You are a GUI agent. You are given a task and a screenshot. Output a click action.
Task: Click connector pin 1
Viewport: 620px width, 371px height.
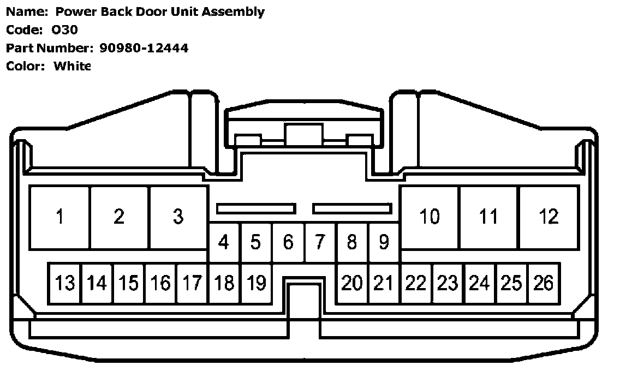[x=59, y=217]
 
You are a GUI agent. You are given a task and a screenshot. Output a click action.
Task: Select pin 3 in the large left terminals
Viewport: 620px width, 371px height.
[x=178, y=217]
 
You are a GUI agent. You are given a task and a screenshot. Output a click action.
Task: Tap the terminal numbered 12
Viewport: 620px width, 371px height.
[x=549, y=217]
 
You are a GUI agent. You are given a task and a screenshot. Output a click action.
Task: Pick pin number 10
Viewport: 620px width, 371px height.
[x=430, y=217]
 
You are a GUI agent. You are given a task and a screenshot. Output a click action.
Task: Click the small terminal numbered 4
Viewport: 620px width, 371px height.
[x=224, y=242]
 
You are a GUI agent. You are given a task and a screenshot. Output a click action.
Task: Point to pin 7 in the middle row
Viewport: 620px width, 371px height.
[x=320, y=242]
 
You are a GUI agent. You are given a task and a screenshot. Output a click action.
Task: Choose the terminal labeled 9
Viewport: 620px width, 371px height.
[x=384, y=242]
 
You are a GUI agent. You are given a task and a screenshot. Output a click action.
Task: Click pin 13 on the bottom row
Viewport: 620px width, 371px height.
[x=64, y=283]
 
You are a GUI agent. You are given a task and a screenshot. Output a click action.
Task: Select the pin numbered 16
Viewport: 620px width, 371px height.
[x=160, y=283]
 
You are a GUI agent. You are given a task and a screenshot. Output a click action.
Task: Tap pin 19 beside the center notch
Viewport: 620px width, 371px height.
[x=256, y=283]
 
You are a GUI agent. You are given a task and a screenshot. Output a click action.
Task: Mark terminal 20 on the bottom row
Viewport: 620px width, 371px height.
[x=352, y=283]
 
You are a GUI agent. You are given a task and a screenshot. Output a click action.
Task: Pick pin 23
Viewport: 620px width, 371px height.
[x=448, y=283]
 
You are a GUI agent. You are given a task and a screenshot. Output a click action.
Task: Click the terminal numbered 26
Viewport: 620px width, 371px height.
[x=544, y=283]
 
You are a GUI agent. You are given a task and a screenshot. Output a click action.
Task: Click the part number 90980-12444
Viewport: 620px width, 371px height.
[x=144, y=48]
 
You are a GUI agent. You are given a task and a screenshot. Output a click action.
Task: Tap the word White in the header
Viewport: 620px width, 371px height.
[x=72, y=66]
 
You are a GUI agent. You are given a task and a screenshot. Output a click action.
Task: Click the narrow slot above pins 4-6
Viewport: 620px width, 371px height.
[x=256, y=208]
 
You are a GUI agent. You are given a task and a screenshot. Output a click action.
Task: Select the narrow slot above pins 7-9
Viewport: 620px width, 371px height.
[x=353, y=208]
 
